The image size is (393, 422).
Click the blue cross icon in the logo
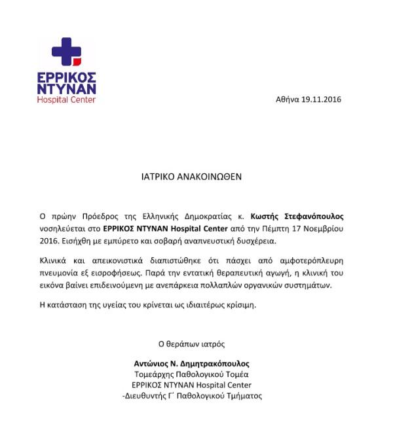(x=65, y=51)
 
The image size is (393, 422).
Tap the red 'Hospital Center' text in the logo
(x=66, y=99)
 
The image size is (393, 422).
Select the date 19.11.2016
(x=322, y=99)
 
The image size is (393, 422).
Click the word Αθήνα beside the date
(x=288, y=99)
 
